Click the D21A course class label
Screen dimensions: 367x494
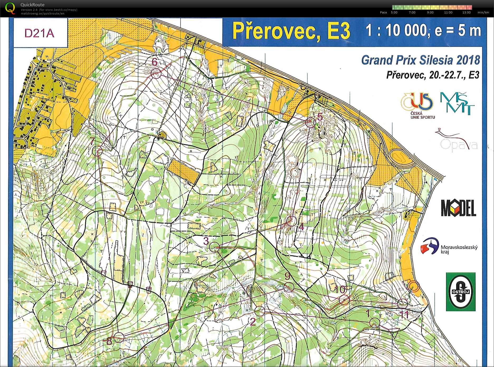tap(39, 33)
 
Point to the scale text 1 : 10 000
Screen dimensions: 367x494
tap(396, 30)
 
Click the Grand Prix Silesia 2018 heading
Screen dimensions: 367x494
tap(420, 60)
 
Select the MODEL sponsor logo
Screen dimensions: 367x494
tap(458, 208)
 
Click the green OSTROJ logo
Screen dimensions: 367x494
tap(460, 291)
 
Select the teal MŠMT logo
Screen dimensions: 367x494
tap(457, 103)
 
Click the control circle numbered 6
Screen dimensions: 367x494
tap(156, 73)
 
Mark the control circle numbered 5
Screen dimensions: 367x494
tap(310, 123)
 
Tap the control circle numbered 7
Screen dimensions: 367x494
tap(98, 151)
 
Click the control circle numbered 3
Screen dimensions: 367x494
tap(215, 247)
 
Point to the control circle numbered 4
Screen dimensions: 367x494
tap(292, 220)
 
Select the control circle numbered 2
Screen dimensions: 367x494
tap(260, 310)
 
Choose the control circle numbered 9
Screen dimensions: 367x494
tap(289, 287)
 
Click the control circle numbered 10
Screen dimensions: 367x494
tap(344, 300)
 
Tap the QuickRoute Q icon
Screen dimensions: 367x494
tap(10, 8)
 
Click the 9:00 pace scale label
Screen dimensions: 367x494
tap(430, 12)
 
